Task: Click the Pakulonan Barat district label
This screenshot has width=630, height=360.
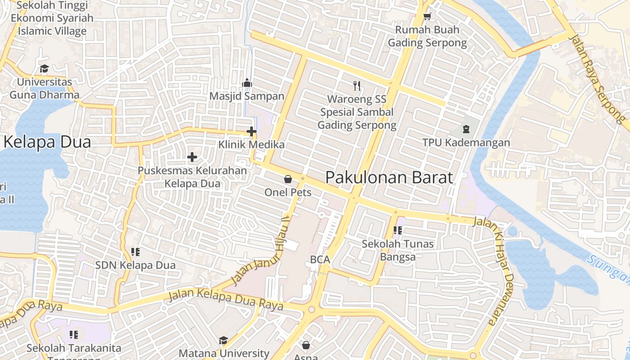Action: coord(389,177)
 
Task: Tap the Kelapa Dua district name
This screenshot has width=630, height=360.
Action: coord(47,142)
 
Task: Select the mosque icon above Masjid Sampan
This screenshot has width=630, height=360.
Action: coord(247,83)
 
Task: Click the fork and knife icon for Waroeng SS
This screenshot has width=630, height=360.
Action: coord(357,86)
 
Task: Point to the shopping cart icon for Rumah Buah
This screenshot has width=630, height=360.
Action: coord(427,17)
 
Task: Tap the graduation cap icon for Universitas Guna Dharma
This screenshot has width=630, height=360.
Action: coord(44,69)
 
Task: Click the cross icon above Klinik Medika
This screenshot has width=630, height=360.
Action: coord(252,131)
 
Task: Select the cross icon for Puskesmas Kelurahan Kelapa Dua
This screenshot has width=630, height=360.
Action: coord(192,157)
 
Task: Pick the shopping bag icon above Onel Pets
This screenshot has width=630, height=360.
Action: coord(288,179)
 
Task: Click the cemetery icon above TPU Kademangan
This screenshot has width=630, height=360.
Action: coord(466,130)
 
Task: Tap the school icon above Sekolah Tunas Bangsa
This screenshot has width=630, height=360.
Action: coord(398,231)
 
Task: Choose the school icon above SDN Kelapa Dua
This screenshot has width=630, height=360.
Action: coord(135,252)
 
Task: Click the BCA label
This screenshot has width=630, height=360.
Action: coord(320,260)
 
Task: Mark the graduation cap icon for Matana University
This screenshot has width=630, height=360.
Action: coord(224,340)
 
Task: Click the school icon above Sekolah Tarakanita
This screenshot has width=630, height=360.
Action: coord(74,335)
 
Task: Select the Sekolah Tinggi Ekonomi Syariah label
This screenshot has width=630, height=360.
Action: coord(52,18)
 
